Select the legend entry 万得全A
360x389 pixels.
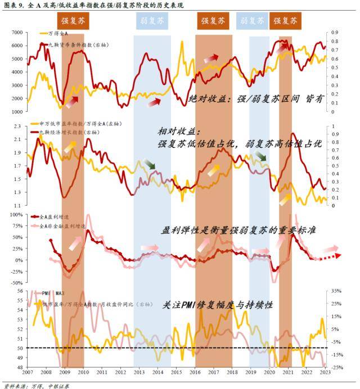click(58, 34)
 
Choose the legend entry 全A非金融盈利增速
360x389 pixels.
click(63, 225)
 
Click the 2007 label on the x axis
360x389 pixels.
click(27, 373)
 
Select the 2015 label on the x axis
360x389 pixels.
click(177, 373)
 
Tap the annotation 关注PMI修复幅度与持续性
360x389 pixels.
click(218, 305)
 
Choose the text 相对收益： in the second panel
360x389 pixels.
click(178, 131)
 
